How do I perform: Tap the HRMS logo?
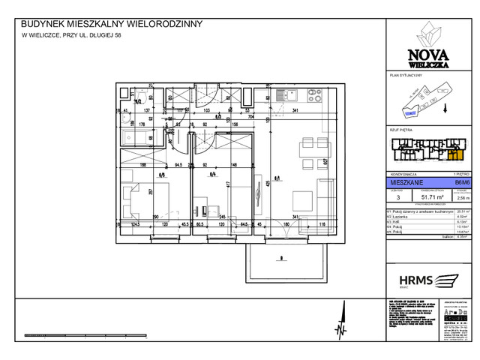click(420, 280)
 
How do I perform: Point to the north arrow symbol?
click(342, 326)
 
